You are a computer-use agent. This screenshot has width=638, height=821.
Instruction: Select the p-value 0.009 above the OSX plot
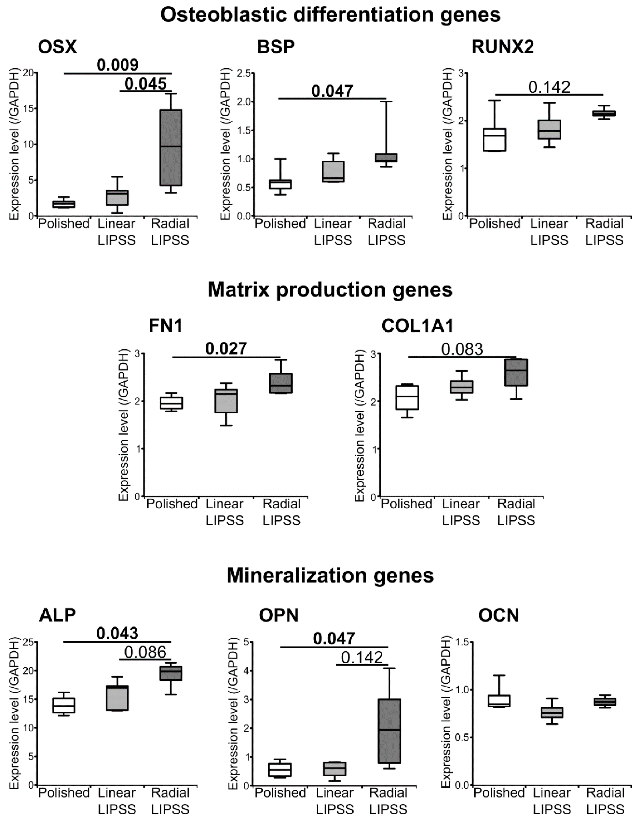tap(118, 65)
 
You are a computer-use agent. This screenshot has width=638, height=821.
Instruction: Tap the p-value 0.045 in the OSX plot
tap(145, 83)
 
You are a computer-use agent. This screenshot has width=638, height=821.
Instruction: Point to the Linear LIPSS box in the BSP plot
tap(333, 172)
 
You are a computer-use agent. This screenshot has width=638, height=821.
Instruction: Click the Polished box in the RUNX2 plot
tap(494, 140)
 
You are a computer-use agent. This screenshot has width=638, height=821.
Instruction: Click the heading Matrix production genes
tap(330, 290)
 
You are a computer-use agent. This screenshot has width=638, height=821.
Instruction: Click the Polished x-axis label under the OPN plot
tap(280, 793)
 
